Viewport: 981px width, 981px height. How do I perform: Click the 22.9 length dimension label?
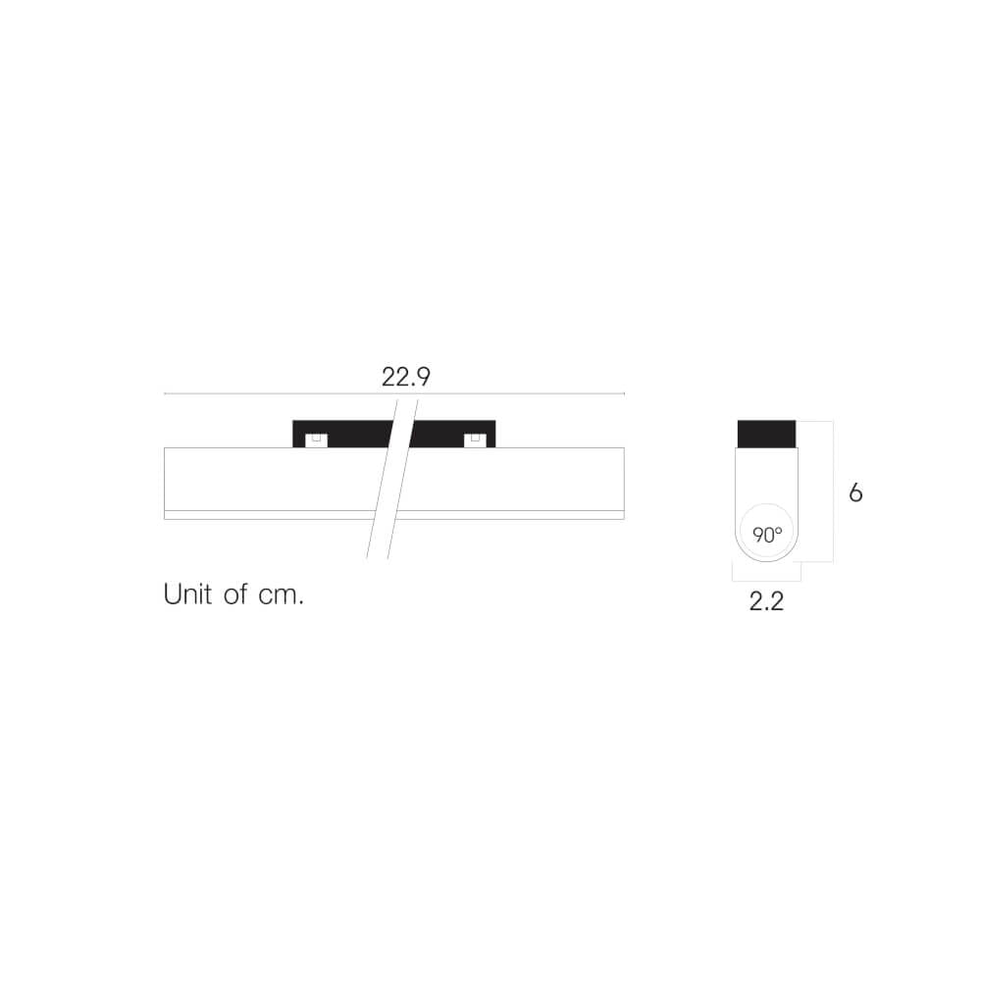(406, 377)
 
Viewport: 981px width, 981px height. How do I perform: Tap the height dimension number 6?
(855, 493)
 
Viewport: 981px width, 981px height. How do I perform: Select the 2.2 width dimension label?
(766, 601)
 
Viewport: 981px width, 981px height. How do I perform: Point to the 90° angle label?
(767, 535)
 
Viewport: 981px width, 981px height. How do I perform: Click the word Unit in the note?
(187, 594)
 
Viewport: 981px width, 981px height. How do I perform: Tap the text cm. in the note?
(281, 595)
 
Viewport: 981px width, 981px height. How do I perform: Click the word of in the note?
(235, 594)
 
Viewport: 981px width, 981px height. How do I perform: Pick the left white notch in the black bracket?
(317, 440)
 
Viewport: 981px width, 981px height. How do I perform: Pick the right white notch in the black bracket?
(476, 440)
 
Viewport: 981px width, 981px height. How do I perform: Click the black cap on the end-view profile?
(766, 435)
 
